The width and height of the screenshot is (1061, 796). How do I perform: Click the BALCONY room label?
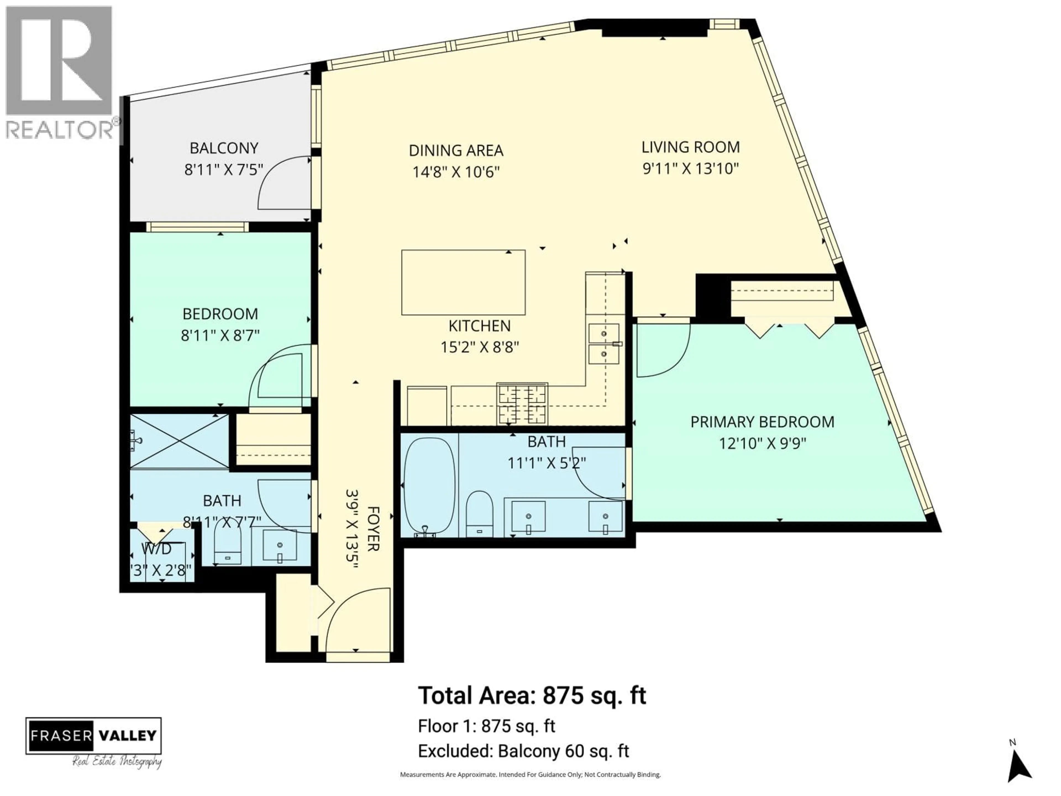point(224,148)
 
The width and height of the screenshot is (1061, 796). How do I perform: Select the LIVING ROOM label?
point(690,147)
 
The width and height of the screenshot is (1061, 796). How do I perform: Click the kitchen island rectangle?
point(463,282)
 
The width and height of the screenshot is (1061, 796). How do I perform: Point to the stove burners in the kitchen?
point(522,403)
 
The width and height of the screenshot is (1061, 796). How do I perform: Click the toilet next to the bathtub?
point(480,514)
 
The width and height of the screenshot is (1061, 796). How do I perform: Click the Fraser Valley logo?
point(94,735)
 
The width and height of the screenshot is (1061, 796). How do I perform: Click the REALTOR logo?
point(60,72)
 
